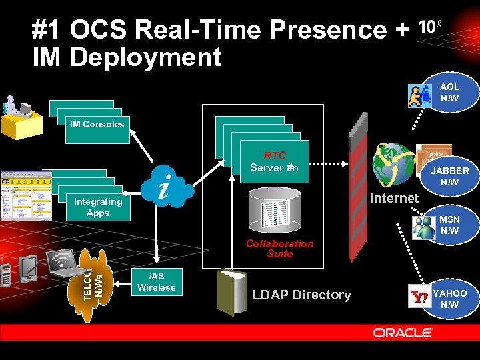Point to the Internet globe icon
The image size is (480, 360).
(x=393, y=164)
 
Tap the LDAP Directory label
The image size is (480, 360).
(x=301, y=295)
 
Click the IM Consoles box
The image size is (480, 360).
(x=97, y=124)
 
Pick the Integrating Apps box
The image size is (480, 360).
(x=98, y=207)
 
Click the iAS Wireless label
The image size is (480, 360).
(x=156, y=282)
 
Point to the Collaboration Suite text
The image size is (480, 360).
(x=280, y=249)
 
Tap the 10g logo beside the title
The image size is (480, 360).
(x=430, y=27)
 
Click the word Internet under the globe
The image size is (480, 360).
(x=394, y=198)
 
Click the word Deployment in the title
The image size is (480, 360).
(x=145, y=57)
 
